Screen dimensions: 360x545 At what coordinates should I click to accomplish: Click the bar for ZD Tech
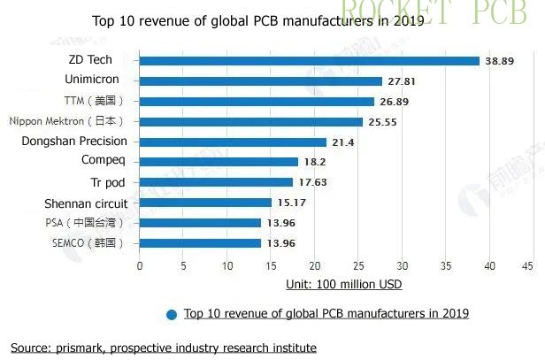[309, 60]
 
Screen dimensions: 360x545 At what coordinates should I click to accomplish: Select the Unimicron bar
[260, 80]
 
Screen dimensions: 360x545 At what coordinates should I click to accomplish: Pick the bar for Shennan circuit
[205, 203]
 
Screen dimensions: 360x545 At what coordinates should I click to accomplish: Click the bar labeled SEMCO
[200, 242]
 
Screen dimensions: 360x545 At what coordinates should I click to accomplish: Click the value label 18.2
[315, 162]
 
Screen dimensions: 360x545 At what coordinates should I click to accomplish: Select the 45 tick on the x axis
[527, 265]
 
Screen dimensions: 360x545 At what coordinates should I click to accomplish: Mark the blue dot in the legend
[172, 314]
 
